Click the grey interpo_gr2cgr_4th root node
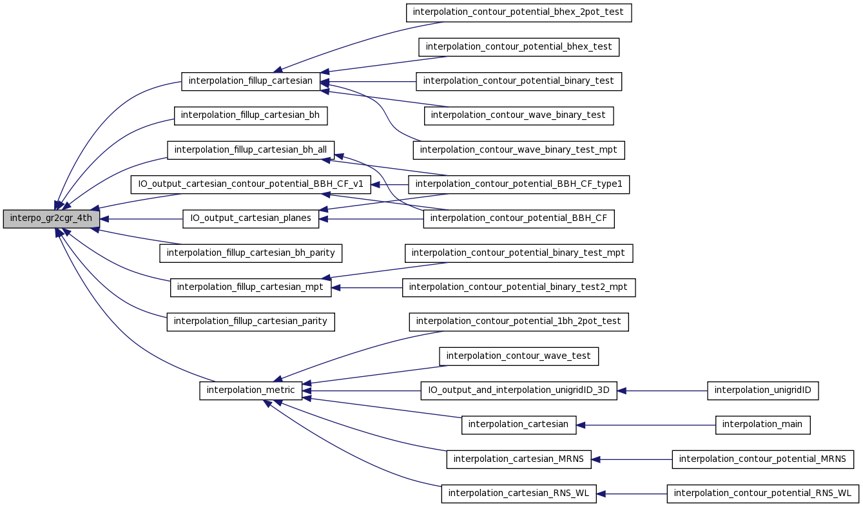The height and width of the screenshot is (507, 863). coord(52,218)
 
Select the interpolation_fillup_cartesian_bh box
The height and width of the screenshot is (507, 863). coord(251,115)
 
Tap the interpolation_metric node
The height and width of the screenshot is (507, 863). coord(251,391)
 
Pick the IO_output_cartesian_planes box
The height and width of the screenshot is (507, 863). coord(251,218)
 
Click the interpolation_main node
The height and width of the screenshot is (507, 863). coord(763,425)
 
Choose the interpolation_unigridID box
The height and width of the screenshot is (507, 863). coord(763,391)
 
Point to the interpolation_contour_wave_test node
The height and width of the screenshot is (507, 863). coord(519,356)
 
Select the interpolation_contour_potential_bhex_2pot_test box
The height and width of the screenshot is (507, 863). coord(519,13)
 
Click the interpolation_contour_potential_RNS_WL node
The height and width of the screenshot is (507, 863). coord(763,493)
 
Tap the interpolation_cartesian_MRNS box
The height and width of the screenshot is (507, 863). coord(519,459)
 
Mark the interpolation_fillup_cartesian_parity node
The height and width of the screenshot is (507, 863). coord(251,322)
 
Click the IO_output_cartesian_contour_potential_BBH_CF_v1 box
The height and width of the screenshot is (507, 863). coord(251,184)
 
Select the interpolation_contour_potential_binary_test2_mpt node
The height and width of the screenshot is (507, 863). coord(519,287)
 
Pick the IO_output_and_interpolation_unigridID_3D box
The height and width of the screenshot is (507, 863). coord(519,391)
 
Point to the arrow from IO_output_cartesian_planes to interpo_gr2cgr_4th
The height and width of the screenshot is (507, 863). coord(141,219)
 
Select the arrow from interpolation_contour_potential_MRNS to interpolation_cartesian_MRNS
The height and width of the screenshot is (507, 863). coord(632,459)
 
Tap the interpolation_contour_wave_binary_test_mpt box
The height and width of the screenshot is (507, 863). coord(519,150)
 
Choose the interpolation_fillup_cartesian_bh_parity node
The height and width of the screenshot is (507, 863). coord(251,253)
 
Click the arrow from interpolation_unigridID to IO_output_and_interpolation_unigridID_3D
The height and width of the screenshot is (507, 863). coord(663,391)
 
